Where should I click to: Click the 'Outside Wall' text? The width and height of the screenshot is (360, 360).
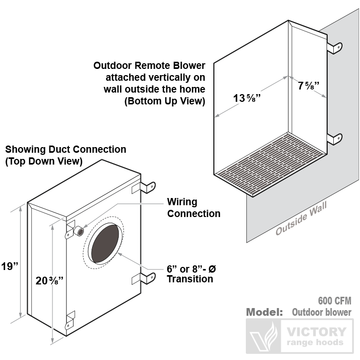(301, 218)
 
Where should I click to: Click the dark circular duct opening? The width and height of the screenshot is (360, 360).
(106, 244)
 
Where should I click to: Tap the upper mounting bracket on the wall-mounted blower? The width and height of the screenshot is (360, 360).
(335, 47)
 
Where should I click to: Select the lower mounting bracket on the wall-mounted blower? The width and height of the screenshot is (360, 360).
(335, 138)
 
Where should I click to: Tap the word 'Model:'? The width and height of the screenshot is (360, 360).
(264, 312)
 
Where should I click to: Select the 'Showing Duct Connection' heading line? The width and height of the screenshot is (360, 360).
(65, 149)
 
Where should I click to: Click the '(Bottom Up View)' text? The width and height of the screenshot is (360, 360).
(165, 101)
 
